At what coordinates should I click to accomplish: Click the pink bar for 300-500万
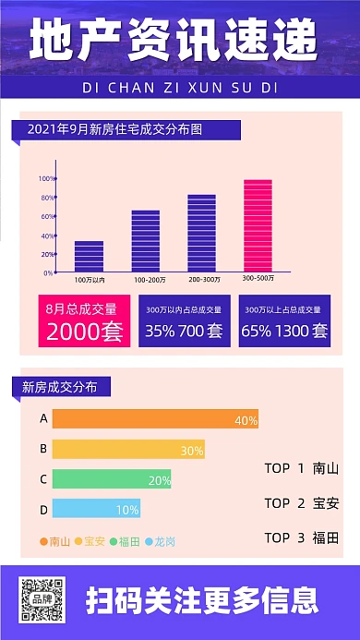258,225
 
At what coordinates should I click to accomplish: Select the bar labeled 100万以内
89,256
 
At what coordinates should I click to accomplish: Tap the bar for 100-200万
146,241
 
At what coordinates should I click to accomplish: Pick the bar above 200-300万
201,233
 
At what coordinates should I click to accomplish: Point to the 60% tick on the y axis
47,216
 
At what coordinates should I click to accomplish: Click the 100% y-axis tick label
45,178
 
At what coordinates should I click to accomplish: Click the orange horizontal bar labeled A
154,419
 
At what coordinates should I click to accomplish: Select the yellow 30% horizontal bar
127,450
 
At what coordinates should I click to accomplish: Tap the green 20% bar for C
111,479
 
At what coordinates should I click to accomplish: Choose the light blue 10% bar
96,509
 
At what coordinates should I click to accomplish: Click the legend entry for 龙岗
161,541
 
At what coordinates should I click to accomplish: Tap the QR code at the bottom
43,598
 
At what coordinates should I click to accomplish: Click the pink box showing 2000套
84,320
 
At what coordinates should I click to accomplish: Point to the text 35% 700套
184,330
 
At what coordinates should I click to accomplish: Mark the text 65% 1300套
284,330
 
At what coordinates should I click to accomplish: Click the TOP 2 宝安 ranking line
301,503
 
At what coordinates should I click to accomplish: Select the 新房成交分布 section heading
59,387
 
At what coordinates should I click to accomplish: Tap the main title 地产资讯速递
180,41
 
